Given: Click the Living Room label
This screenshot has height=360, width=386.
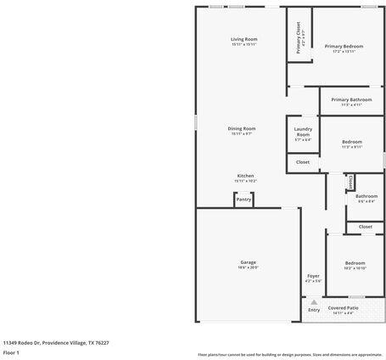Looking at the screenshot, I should (x=243, y=39).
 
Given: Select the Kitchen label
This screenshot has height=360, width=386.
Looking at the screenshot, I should (x=245, y=175).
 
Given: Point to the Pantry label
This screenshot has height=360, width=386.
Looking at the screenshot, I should (x=243, y=200).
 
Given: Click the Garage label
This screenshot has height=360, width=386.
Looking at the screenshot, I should (x=248, y=262).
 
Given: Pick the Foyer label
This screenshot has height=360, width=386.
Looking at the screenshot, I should (x=313, y=276).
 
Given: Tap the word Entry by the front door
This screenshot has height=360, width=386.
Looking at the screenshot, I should (x=314, y=310).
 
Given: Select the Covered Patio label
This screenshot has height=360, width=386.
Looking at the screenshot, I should (x=344, y=307).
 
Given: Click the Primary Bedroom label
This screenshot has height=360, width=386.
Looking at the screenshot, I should (x=344, y=46).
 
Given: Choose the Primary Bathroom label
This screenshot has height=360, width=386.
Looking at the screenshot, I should (x=351, y=99).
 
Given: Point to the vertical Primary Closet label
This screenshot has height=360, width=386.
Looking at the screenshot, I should (x=298, y=38).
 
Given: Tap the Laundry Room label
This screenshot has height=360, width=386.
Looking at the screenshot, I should (x=303, y=132).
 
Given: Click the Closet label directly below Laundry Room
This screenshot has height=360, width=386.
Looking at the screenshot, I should (x=303, y=161).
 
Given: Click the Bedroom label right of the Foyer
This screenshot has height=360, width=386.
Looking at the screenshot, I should (x=355, y=263).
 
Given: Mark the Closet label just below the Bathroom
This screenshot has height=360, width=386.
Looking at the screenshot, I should (x=365, y=227).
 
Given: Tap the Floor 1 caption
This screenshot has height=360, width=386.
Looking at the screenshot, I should (x=11, y=352).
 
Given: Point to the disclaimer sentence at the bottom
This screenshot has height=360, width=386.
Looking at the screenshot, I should (x=290, y=354).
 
